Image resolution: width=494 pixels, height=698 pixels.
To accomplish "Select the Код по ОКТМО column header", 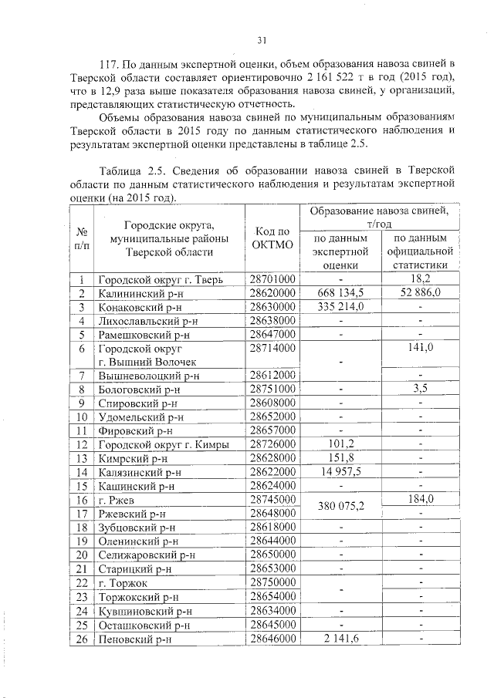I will point(272,238).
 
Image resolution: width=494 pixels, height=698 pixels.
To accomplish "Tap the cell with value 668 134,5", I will point(340,293).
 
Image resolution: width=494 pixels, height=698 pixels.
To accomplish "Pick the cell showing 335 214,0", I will point(340,306).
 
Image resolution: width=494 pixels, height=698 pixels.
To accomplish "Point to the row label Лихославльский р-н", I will point(148,320).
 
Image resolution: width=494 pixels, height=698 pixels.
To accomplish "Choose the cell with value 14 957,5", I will point(340,471).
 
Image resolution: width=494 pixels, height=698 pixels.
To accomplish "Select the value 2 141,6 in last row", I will point(340,638).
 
